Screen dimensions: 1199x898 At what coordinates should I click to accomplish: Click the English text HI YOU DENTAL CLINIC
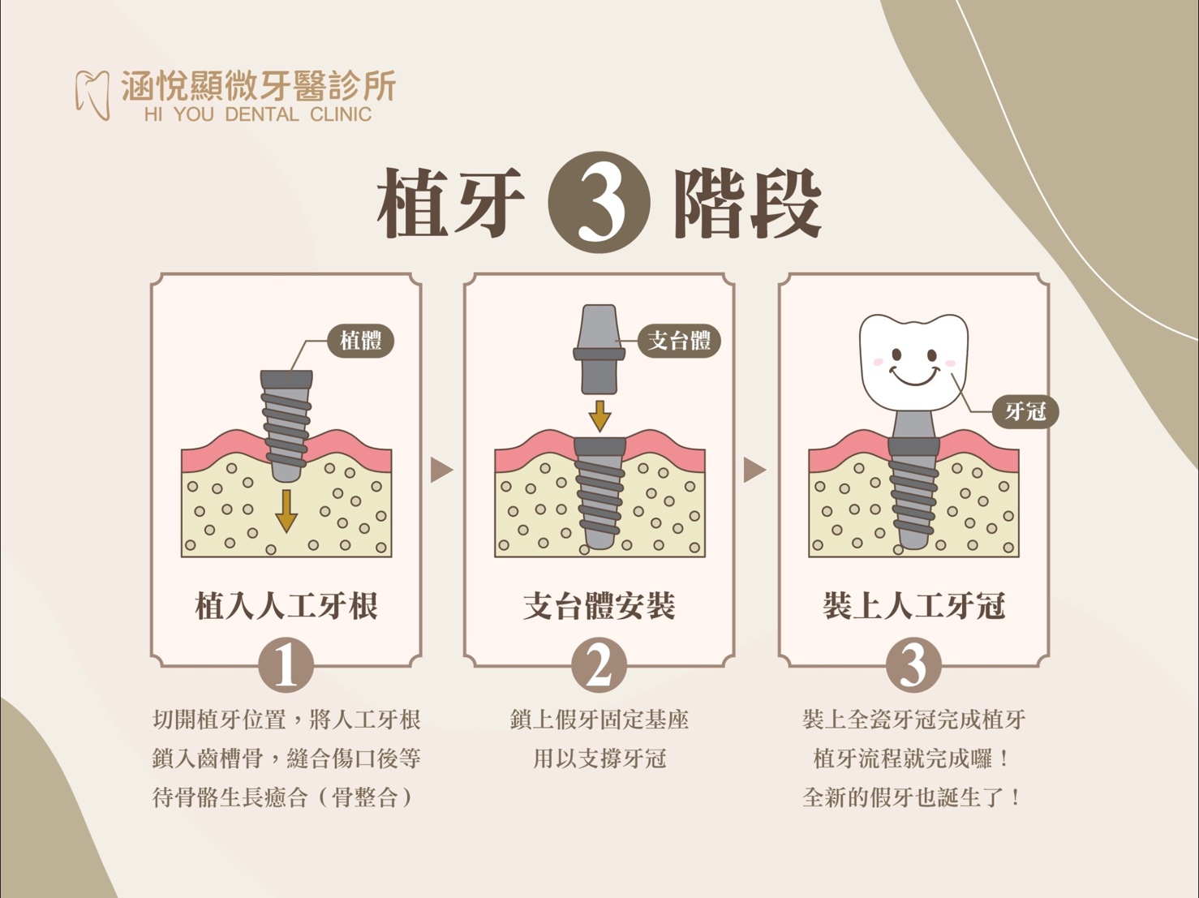[258, 114]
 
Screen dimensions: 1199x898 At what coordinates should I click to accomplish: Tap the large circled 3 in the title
[599, 202]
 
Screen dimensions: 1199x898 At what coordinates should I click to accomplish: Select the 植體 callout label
[360, 341]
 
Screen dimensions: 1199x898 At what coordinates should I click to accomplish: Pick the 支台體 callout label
[679, 341]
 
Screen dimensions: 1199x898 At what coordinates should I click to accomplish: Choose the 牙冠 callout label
[1025, 411]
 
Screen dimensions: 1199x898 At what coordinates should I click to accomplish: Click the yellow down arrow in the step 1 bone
[286, 511]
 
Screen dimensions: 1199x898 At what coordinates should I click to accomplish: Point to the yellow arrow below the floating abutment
[599, 416]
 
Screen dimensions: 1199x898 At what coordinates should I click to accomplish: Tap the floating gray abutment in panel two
[599, 349]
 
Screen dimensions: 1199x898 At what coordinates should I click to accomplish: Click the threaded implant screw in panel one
[286, 426]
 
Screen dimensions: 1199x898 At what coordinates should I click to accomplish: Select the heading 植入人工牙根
[286, 606]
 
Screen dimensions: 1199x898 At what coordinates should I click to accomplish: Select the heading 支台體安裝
[599, 606]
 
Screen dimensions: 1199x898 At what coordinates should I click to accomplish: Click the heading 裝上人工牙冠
[913, 606]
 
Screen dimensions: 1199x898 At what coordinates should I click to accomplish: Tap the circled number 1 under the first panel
[286, 666]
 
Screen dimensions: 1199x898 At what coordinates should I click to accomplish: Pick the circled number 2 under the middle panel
[599, 666]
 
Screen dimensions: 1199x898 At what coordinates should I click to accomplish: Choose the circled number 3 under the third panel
[913, 666]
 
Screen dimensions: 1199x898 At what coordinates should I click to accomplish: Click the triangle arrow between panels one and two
[441, 470]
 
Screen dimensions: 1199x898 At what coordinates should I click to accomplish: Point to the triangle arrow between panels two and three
[755, 470]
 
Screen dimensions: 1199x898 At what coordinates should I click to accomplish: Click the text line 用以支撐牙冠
[599, 758]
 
